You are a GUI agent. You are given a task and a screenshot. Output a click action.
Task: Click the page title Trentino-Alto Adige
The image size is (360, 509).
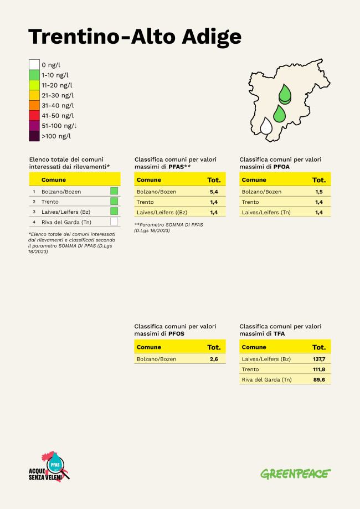pyautogui.click(x=135, y=37)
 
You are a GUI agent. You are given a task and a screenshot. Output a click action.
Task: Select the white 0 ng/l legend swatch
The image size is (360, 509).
pyautogui.click(x=34, y=65)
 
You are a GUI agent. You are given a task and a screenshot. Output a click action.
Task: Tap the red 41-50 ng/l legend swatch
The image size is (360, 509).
pyautogui.click(x=34, y=115)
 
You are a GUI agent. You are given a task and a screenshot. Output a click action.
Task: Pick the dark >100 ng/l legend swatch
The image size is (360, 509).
pyautogui.click(x=34, y=136)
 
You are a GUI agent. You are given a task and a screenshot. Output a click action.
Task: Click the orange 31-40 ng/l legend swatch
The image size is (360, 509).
pyautogui.click(x=34, y=105)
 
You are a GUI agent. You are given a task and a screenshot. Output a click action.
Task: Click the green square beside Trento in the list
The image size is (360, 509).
pyautogui.click(x=114, y=201)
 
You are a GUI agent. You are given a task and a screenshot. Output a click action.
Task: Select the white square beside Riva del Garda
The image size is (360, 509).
pyautogui.click(x=114, y=222)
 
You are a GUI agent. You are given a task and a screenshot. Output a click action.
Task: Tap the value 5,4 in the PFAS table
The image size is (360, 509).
pyautogui.click(x=214, y=192)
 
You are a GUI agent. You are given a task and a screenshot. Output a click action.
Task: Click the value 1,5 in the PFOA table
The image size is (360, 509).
pyautogui.click(x=319, y=192)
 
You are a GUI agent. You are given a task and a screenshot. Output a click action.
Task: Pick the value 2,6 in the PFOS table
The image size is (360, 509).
pyautogui.click(x=214, y=359)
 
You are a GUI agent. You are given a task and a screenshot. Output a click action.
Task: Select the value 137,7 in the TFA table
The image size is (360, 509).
pyautogui.click(x=319, y=359)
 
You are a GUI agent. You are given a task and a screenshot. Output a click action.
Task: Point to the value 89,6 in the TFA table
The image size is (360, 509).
pyautogui.click(x=319, y=379)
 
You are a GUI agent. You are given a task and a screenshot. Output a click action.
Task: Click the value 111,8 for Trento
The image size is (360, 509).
pyautogui.click(x=319, y=369)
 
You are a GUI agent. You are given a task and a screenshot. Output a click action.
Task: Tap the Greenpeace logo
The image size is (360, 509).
pyautogui.click(x=296, y=474)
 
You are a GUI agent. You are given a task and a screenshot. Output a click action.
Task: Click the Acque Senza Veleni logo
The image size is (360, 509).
pyautogui.click(x=50, y=467)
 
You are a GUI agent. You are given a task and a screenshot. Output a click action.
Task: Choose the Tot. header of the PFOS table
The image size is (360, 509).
pyautogui.click(x=214, y=347)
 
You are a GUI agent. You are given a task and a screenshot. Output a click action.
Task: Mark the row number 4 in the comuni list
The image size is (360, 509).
pyautogui.click(x=34, y=222)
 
